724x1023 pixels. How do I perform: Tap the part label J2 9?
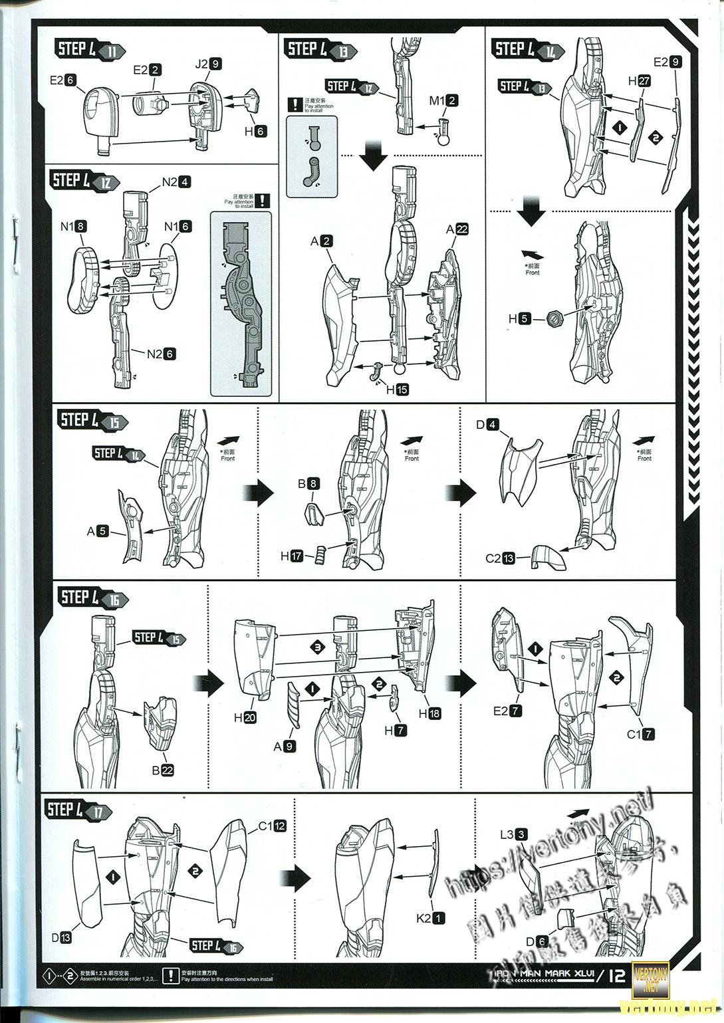pyautogui.click(x=207, y=64)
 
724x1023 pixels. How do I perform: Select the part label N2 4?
pyautogui.click(x=176, y=181)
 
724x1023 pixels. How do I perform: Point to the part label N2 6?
pyautogui.click(x=160, y=354)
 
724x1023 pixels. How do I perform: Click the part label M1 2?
pyautogui.click(x=443, y=100)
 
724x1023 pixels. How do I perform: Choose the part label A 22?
pyautogui.click(x=457, y=229)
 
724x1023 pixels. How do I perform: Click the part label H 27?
pyautogui.click(x=639, y=81)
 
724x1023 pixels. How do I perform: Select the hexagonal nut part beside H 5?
pyautogui.click(x=556, y=319)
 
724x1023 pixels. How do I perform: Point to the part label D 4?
pyautogui.click(x=487, y=424)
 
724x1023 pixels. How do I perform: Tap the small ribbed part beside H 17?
pyautogui.click(x=321, y=554)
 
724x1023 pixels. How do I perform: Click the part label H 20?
pyautogui.click(x=245, y=718)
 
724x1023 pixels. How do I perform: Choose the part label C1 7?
pyautogui.click(x=642, y=735)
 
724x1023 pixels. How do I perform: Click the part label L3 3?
pyautogui.click(x=513, y=834)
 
